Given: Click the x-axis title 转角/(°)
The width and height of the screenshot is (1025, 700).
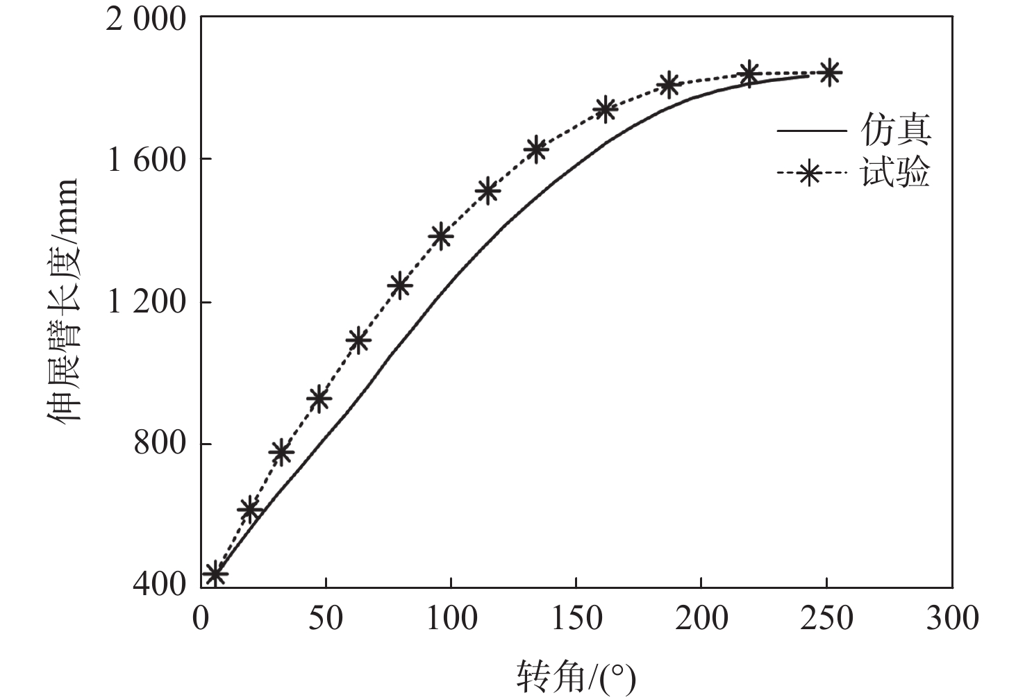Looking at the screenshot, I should point(576,676).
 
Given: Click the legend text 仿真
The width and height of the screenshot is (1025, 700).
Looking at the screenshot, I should point(896,130).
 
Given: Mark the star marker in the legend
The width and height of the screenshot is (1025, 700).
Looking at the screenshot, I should point(809,174).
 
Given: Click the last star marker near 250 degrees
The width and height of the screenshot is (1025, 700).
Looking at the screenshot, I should point(828,72).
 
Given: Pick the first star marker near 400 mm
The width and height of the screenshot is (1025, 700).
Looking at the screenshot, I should point(215,574).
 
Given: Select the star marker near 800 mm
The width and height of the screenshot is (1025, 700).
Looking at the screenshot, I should point(281,453).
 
